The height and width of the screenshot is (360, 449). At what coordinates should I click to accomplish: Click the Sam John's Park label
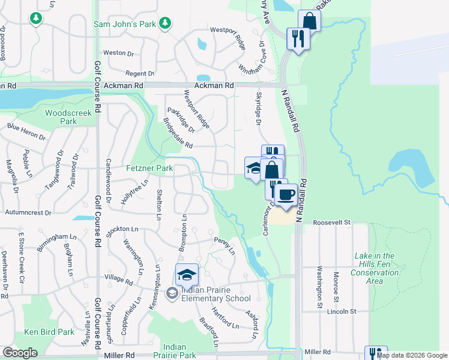click(125, 24)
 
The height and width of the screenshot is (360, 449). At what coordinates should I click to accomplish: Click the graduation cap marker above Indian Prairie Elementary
click(187, 275)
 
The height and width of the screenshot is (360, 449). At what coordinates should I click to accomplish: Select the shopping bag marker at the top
click(309, 21)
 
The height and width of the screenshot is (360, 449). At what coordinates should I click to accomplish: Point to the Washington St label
click(320, 283)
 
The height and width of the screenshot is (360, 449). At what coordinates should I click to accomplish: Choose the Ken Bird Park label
click(49, 332)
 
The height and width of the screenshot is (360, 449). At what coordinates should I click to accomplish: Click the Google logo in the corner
click(20, 352)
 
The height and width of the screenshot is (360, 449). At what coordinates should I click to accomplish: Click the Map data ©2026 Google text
click(412, 355)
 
